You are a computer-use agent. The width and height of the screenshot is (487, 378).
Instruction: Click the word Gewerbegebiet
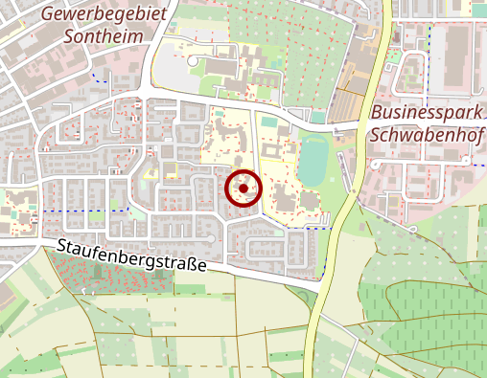[x=104, y=15]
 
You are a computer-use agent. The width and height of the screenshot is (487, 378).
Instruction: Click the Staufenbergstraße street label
[x=131, y=256]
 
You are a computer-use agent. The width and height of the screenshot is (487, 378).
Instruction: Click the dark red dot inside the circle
[x=243, y=189]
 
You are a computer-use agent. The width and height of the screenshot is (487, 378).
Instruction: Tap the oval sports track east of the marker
[x=313, y=160]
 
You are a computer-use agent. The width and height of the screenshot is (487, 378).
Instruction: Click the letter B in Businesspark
[x=375, y=111]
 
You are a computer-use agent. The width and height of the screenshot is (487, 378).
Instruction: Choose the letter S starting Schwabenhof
[x=374, y=133]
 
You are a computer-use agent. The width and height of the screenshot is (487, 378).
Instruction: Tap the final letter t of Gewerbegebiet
[x=163, y=15]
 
